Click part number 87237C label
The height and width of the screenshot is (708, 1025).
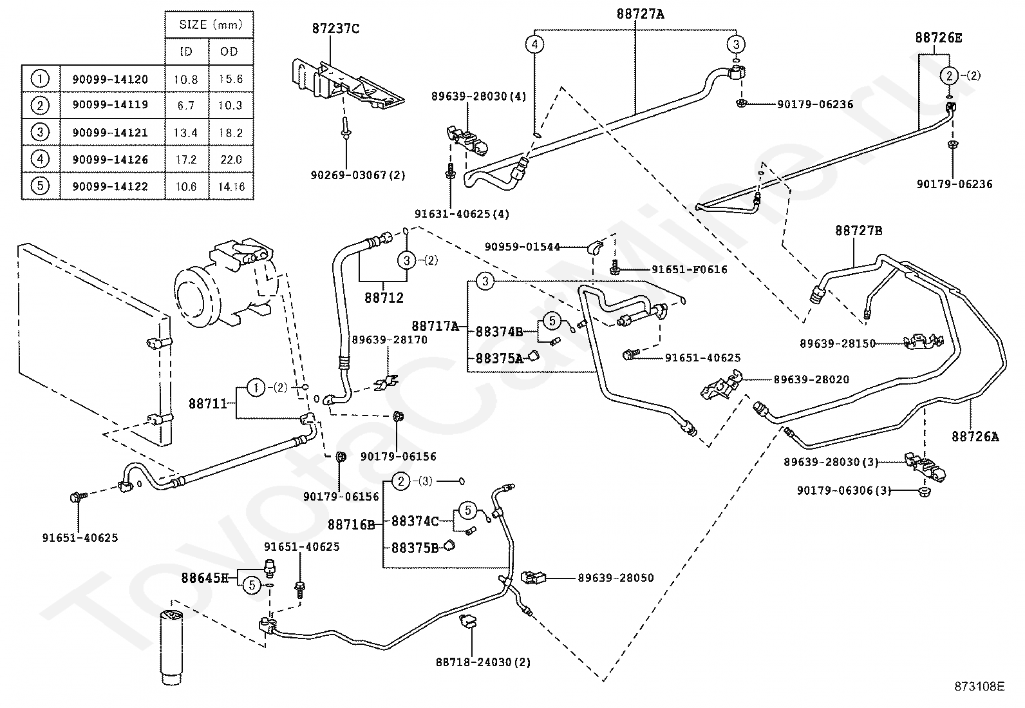click(335, 28)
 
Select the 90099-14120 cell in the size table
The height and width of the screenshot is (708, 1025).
click(110, 79)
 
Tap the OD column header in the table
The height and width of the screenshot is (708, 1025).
click(229, 52)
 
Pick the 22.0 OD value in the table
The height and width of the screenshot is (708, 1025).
click(231, 159)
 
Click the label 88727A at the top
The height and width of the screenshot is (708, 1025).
click(640, 14)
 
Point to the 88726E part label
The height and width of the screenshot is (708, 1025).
click(939, 37)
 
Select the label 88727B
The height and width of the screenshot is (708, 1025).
click(858, 231)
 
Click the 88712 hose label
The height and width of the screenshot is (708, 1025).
click(384, 298)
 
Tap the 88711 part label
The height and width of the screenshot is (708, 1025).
click(208, 403)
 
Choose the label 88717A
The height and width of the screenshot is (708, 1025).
click(435, 326)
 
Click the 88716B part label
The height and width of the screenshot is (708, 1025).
click(352, 524)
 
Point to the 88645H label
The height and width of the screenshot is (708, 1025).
click(205, 578)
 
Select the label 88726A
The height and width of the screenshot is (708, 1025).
click(975, 436)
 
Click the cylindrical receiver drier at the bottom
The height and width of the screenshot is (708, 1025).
click(172, 647)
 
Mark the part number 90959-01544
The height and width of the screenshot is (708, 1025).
click(523, 247)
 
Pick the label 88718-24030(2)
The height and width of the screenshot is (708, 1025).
click(484, 662)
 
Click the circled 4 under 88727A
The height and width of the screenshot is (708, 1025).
click(534, 44)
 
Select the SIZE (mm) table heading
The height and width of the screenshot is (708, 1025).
click(211, 24)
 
